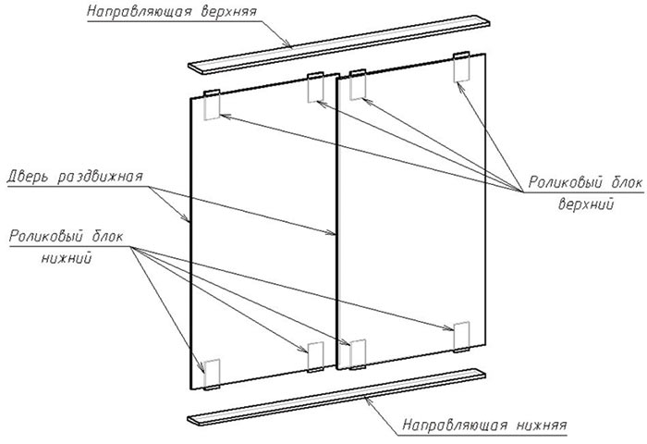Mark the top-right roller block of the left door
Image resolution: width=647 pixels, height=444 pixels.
point(314,88)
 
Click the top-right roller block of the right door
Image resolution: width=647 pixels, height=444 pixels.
point(462,68)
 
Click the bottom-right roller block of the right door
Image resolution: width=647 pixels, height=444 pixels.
point(462,336)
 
